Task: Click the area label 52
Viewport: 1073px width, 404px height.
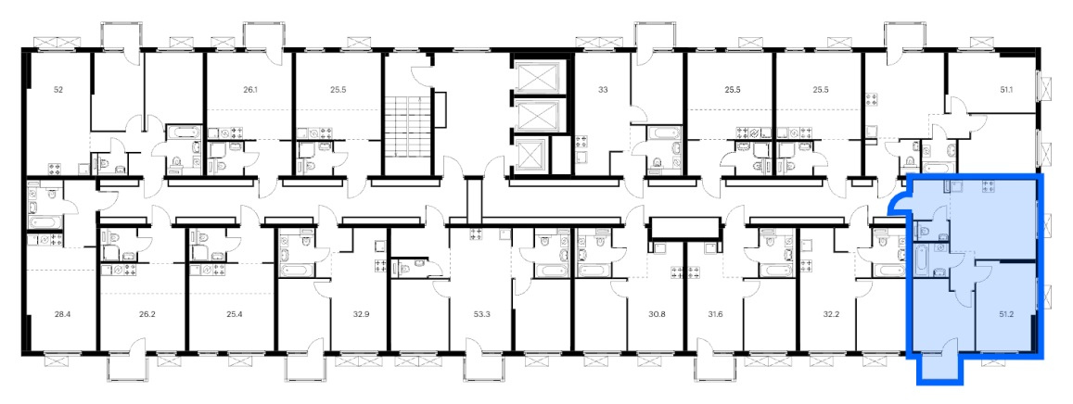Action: tap(58, 89)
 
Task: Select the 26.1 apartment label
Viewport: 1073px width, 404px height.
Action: tap(250, 89)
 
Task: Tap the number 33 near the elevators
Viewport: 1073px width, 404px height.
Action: tap(603, 89)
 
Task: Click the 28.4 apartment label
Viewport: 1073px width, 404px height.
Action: tap(62, 315)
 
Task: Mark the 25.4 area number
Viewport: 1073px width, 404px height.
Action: tap(234, 315)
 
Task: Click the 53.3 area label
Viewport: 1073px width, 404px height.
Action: tap(481, 315)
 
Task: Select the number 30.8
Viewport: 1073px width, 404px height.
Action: tap(657, 315)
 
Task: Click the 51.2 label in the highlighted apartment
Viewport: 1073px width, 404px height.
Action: tap(1006, 315)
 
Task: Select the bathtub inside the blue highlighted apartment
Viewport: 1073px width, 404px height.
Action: tap(922, 260)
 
